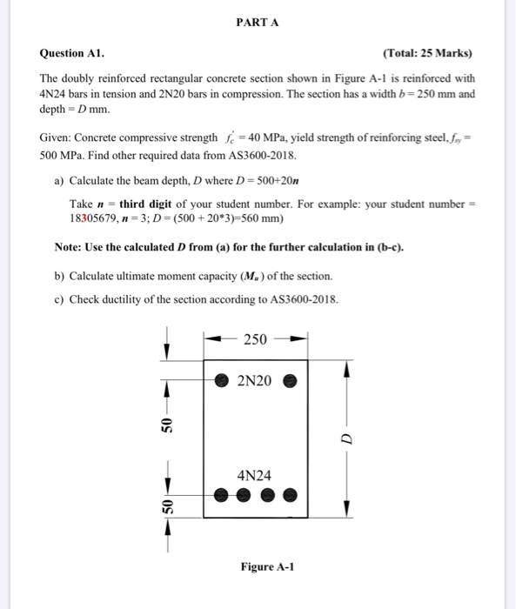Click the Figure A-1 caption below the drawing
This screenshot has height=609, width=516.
click(x=266, y=566)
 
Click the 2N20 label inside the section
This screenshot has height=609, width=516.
click(x=255, y=380)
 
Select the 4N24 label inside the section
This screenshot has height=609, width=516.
click(x=254, y=475)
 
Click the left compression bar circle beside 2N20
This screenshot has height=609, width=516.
click(x=222, y=381)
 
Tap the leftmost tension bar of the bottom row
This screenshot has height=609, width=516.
click(x=223, y=496)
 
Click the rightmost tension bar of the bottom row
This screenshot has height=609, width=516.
click(x=292, y=496)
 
